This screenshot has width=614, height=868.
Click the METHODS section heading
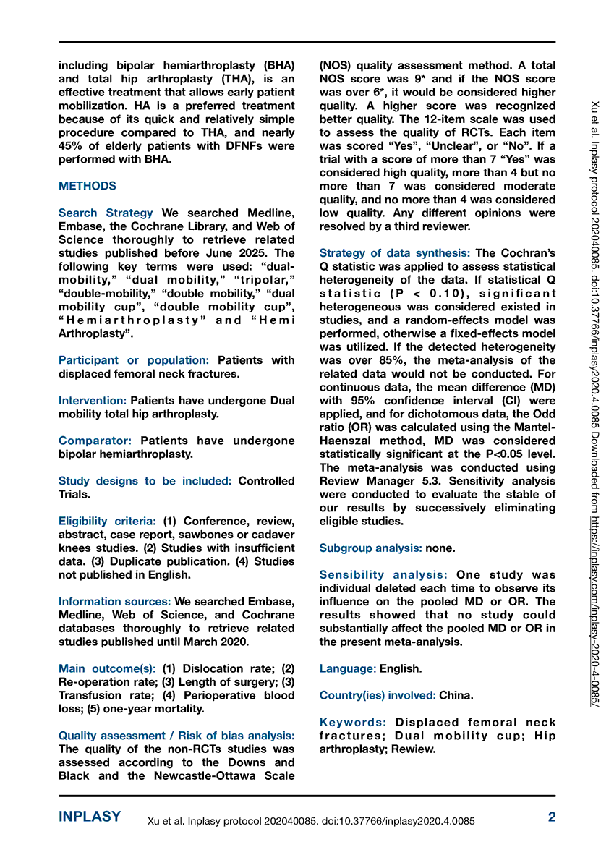tap(87, 186)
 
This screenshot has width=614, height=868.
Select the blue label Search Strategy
tap(106, 213)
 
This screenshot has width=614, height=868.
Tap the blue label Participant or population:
tap(134, 360)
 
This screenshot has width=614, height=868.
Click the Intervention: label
tap(93, 400)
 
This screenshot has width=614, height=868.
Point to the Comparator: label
tap(95, 441)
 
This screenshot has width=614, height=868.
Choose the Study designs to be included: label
tap(145, 481)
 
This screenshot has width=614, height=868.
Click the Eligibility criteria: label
tap(107, 522)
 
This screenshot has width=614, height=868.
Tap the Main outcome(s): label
tap(107, 669)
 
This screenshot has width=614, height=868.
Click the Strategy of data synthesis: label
tap(395, 253)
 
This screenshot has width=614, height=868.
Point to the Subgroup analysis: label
tap(371, 548)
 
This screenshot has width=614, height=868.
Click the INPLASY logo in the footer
tap(90, 817)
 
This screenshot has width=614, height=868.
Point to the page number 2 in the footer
tap(552, 817)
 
